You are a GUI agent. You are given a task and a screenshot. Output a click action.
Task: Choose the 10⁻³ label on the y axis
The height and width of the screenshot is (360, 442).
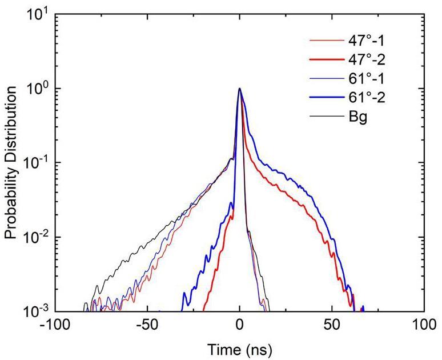pyautogui.click(x=38, y=311)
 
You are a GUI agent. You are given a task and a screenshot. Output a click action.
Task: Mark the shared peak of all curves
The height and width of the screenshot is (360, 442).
pyautogui.click(x=240, y=89)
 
